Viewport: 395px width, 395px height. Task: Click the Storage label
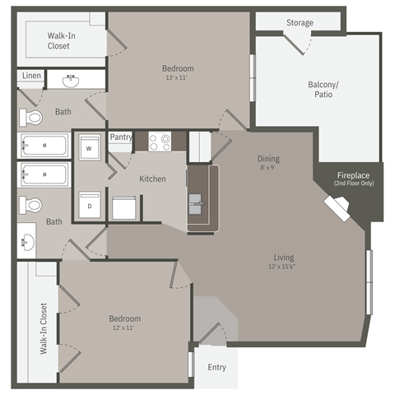coord(300,22)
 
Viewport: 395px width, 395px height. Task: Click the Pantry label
coord(121,137)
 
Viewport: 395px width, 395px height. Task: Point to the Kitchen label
coord(152,179)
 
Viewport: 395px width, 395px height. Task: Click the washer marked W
coord(89,150)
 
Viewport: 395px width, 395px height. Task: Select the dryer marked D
coord(89,206)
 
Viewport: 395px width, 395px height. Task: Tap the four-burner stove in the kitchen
coord(160,141)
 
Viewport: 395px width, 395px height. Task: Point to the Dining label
coord(268,159)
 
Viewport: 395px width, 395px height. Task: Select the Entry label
coord(216,367)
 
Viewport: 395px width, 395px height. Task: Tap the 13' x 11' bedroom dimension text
coord(179,78)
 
